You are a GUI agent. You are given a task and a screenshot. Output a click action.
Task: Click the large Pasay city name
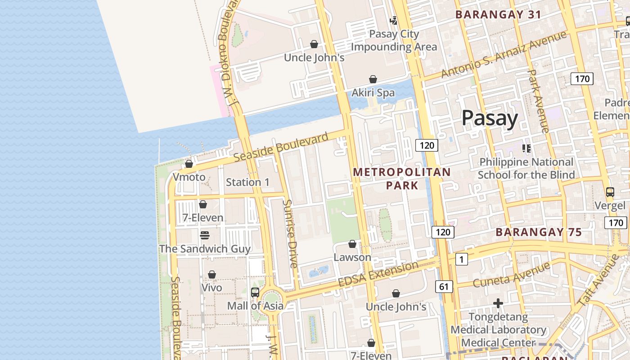490,118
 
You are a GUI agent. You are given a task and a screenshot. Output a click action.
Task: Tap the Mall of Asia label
255,306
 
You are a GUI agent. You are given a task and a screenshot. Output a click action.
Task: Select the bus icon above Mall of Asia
255,292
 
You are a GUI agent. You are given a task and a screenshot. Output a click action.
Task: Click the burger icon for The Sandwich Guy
204,235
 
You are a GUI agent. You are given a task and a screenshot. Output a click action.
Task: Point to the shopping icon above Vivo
212,274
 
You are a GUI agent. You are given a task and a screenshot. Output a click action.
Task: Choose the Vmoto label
189,177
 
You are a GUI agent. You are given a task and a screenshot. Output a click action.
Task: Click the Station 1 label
247,182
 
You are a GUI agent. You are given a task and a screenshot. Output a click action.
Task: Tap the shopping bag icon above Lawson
352,244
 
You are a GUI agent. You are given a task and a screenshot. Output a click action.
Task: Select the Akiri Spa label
373,93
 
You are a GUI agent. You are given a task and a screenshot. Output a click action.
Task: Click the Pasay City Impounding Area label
394,40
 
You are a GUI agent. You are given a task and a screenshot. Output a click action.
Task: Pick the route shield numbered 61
444,287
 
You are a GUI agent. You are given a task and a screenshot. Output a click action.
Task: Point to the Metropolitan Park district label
401,179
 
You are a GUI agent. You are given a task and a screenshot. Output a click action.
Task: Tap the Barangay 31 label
498,14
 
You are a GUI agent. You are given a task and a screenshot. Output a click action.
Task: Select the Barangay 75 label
539,232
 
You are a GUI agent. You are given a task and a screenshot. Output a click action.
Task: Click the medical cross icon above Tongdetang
498,304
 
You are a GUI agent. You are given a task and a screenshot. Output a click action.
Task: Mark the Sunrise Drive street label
290,234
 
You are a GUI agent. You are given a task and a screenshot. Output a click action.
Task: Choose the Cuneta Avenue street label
504,275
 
